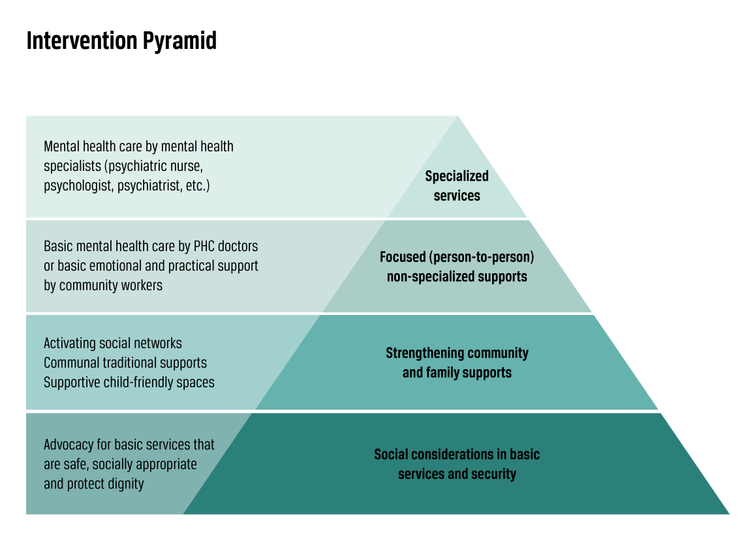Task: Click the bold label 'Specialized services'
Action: (457, 186)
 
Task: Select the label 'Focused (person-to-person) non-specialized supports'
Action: (457, 267)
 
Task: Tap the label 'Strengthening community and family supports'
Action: (457, 363)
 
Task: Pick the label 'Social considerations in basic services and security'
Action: (457, 464)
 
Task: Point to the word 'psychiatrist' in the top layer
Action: (149, 186)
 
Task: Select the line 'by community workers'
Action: (103, 286)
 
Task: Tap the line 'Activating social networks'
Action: (113, 343)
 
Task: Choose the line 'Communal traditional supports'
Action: (125, 363)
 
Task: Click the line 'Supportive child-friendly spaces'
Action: (129, 382)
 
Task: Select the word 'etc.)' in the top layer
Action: (196, 186)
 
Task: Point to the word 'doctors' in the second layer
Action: (236, 247)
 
